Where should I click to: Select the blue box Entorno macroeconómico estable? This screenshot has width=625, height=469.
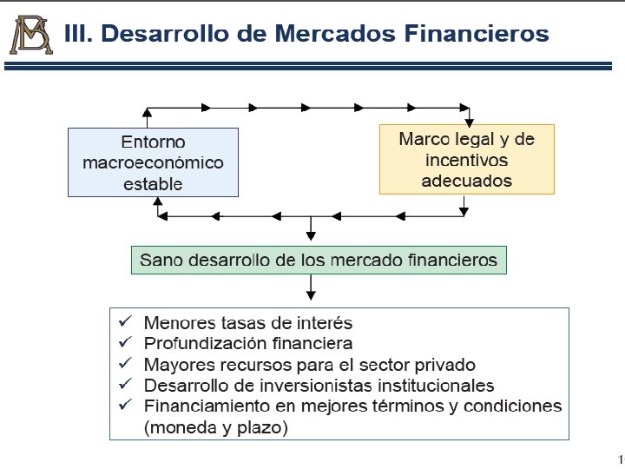click(153, 162)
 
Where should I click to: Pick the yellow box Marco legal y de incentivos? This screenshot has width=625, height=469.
click(466, 160)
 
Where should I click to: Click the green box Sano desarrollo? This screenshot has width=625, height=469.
click(319, 260)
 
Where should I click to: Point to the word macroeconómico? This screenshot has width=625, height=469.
click(153, 162)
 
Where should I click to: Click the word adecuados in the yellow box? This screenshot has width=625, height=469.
click(466, 182)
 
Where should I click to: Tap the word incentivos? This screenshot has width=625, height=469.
click(466, 161)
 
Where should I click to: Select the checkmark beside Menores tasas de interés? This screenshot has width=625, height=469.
click(125, 321)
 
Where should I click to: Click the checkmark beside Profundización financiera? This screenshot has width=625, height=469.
click(125, 343)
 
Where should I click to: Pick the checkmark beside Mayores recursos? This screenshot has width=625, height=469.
click(125, 364)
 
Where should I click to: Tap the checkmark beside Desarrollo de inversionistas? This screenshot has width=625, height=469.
click(125, 385)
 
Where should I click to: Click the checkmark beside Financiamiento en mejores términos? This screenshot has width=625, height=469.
click(125, 406)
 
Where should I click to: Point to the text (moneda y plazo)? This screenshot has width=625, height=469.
click(215, 427)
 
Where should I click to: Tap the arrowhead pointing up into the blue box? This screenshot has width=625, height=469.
click(157, 201)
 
